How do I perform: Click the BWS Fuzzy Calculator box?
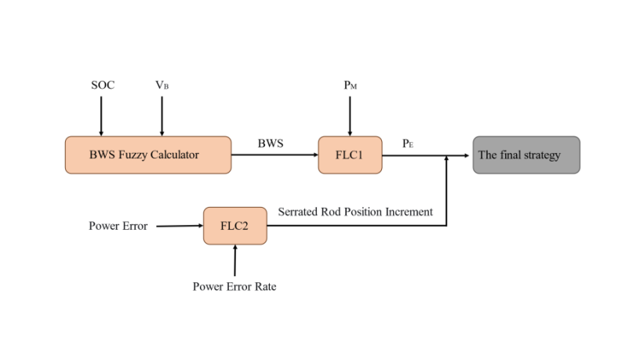[x=147, y=155]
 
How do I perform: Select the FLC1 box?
[x=350, y=155]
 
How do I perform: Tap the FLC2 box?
[x=235, y=226]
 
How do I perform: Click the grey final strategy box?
[x=526, y=155]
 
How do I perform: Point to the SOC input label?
[x=102, y=85]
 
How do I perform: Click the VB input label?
[x=162, y=85]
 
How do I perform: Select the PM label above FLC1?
[x=351, y=85]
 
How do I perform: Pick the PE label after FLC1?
[x=408, y=144]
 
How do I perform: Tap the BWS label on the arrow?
[x=271, y=144]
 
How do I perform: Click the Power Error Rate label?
[x=235, y=286]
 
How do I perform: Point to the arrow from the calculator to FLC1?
[x=275, y=155]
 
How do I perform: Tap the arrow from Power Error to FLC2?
[x=180, y=226]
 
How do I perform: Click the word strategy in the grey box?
[x=541, y=155]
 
